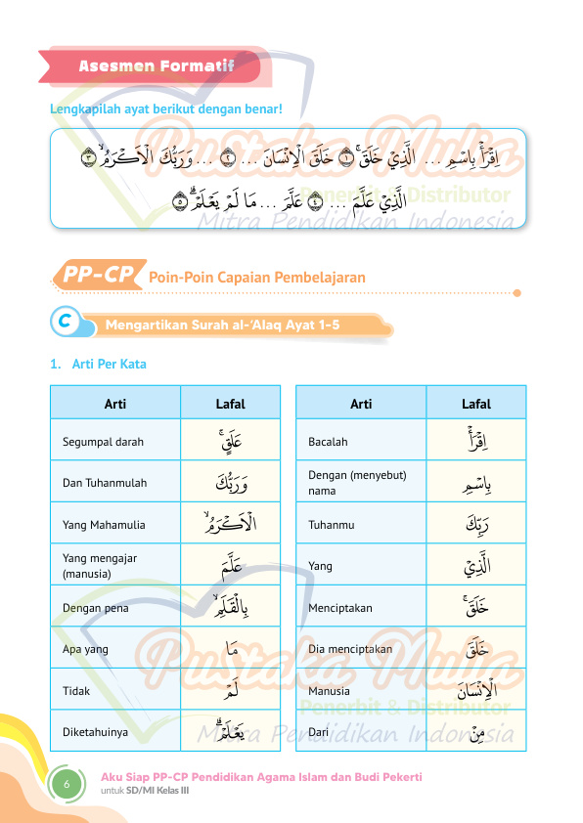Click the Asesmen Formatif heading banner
click(157, 66)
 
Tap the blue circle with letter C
click(64, 322)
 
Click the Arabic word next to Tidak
click(230, 691)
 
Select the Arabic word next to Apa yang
click(230, 649)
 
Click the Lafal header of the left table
click(230, 404)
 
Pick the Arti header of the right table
click(361, 404)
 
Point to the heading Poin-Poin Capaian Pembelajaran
click(256, 278)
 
